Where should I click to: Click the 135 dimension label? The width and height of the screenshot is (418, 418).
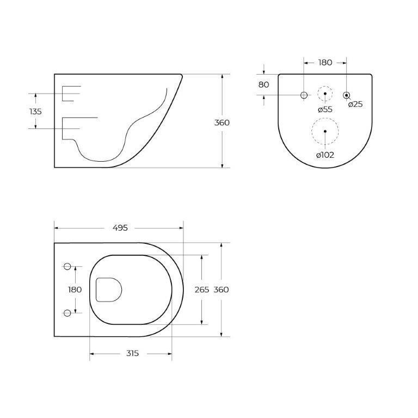[x=35, y=111]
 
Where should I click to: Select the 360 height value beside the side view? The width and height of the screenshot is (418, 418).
[x=222, y=122]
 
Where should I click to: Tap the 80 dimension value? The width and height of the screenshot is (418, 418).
[x=263, y=84]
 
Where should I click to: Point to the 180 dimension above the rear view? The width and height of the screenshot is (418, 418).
[x=325, y=63]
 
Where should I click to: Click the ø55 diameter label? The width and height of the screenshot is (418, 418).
[x=325, y=109]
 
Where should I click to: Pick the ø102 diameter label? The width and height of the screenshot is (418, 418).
[x=325, y=155]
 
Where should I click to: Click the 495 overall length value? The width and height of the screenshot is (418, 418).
[x=120, y=228]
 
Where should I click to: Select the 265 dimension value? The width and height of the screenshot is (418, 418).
[x=201, y=290]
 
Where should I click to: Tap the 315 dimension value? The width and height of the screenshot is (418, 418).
[x=132, y=353]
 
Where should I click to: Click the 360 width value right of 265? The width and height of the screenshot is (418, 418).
[x=221, y=290]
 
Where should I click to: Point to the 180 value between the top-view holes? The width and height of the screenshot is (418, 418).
[x=75, y=290]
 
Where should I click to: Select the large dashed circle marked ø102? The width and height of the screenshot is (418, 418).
[x=325, y=131]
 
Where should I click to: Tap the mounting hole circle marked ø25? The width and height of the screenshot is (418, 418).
[x=346, y=95]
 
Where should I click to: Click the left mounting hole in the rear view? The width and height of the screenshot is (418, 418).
[x=304, y=95]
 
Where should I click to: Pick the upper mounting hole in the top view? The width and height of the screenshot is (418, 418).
[x=67, y=266]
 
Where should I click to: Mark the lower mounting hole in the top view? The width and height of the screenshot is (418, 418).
[x=67, y=313]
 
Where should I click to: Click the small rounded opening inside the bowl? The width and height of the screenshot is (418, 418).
[x=108, y=290]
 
